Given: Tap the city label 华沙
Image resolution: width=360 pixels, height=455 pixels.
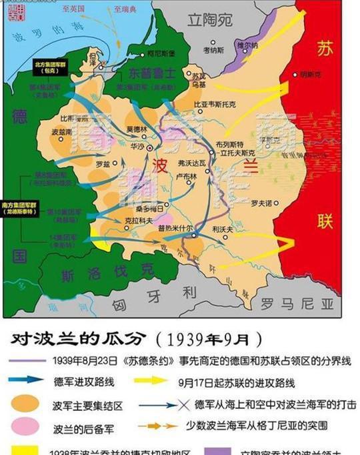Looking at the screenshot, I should pos(138,145).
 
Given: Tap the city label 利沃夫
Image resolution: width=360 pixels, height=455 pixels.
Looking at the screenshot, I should pos(222,229).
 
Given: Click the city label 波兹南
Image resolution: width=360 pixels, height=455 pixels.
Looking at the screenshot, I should pos(60,131).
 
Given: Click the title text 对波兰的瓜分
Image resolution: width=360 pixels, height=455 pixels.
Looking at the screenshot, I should pos(73,339).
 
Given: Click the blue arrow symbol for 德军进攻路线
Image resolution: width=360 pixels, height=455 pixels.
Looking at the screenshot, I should pos(27,382).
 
